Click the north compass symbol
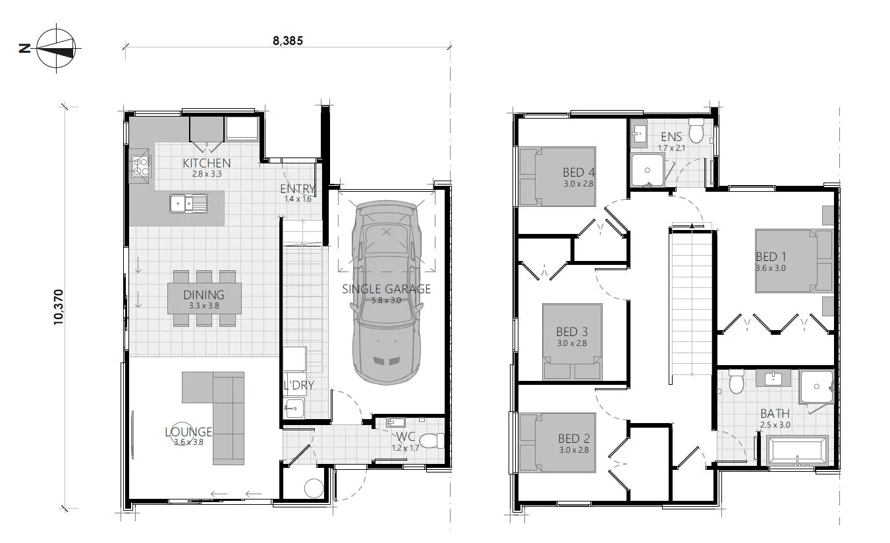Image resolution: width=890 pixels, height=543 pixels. pyautogui.click(x=55, y=48)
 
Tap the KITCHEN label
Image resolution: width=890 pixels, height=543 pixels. pyautogui.click(x=206, y=163)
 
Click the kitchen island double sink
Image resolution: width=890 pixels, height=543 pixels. pyautogui.click(x=188, y=204)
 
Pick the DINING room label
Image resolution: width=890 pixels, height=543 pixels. pyautogui.click(x=204, y=295)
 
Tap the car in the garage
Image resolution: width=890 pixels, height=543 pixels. pyautogui.click(x=386, y=292)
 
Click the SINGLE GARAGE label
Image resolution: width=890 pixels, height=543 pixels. pyautogui.click(x=386, y=289)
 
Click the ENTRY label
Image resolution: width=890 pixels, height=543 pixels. pyautogui.click(x=297, y=189)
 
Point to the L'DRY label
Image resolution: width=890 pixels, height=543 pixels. pyautogui.click(x=298, y=385)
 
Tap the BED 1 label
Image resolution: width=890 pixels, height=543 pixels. pyautogui.click(x=770, y=257)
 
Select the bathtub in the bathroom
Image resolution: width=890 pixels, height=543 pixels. pyautogui.click(x=796, y=452)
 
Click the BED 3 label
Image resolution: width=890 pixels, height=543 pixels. pyautogui.click(x=571, y=331)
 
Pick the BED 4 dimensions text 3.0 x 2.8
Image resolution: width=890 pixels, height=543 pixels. pyautogui.click(x=578, y=184)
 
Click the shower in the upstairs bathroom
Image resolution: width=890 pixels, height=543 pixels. pyautogui.click(x=816, y=387)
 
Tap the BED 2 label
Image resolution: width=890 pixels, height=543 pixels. pyautogui.click(x=573, y=439)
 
